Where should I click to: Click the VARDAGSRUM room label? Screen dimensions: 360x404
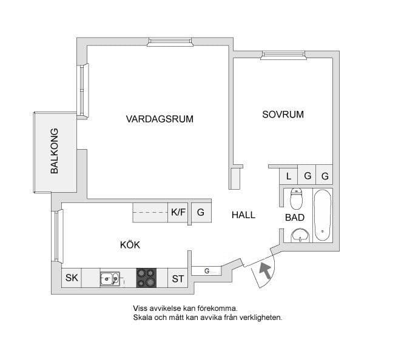click(160, 119)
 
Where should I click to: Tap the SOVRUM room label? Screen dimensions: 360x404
click(283, 114)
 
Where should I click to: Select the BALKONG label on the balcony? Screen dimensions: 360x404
click(55, 152)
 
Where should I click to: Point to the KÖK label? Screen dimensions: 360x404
click(130, 245)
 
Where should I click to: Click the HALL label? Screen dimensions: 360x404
click(243, 215)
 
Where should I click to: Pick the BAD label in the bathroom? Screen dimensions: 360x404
click(295, 218)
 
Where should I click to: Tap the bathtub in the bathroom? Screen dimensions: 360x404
click(322, 215)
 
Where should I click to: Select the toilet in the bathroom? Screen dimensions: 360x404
click(296, 199)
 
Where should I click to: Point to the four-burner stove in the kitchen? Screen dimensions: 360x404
click(146, 278)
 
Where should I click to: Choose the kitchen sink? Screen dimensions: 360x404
click(110, 278)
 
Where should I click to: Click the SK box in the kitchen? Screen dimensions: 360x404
click(72, 278)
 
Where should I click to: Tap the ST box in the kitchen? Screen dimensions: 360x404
click(177, 279)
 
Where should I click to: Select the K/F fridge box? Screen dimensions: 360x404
click(178, 212)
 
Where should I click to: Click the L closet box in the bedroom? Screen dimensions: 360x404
click(289, 176)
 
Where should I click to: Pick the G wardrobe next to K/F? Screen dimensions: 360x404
click(200, 213)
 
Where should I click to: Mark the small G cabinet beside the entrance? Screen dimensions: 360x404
click(206, 270)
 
